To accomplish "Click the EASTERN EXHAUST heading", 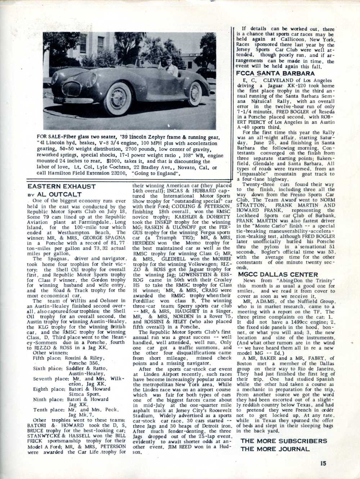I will click(x=62, y=186).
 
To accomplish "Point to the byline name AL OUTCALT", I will click(x=59, y=194).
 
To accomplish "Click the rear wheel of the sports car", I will click(x=195, y=94).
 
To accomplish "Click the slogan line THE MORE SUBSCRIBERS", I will click(x=284, y=441).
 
